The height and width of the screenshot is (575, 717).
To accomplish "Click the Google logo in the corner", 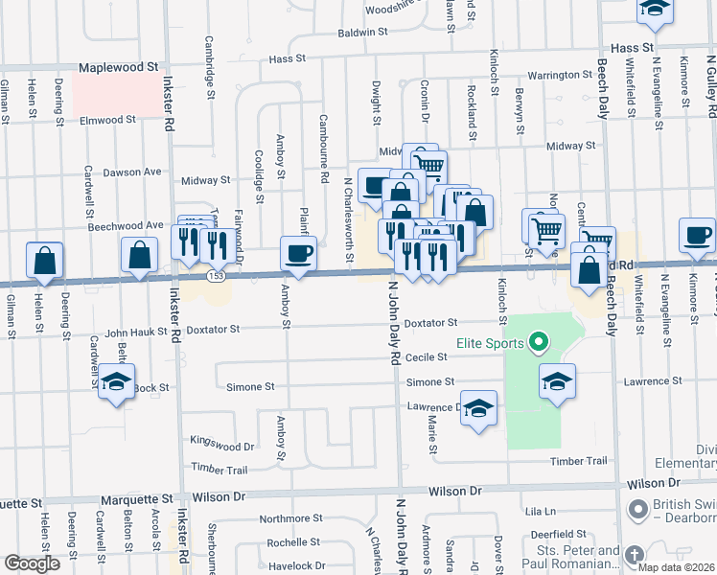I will click(x=32, y=563).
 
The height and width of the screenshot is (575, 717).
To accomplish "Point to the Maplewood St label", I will click(x=118, y=68).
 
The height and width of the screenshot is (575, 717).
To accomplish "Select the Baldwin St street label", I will click(x=362, y=32).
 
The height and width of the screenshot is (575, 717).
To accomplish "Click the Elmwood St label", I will click(x=108, y=121).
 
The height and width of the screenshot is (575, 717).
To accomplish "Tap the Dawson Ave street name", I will click(x=131, y=172).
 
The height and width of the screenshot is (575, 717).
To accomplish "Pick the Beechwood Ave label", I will click(x=125, y=225).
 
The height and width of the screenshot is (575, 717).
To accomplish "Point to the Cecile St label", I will click(x=428, y=356).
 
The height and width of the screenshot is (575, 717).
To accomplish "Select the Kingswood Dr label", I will click(x=222, y=447).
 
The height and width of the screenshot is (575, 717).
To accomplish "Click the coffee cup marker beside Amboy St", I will click(x=298, y=254).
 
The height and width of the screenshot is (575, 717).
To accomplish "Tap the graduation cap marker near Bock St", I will click(x=116, y=383).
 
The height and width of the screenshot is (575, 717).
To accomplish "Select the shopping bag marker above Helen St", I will click(x=45, y=261).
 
